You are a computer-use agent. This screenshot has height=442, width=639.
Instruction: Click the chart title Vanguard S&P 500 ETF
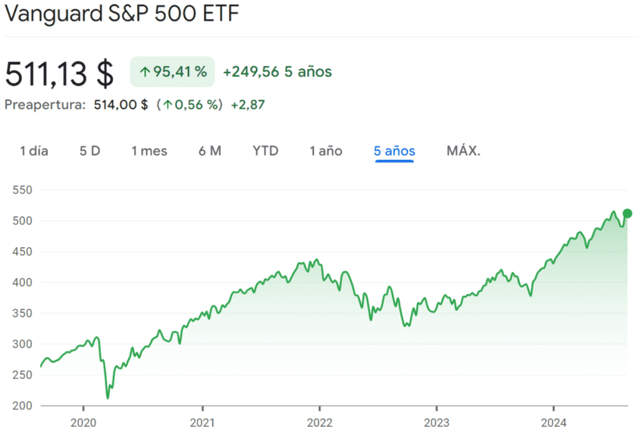coord(122,14)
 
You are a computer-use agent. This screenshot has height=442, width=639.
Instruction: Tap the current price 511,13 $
coord(59,74)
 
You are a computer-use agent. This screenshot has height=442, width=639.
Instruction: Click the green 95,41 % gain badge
coord(172,72)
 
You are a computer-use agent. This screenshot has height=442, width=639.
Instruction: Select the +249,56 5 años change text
coord(277,72)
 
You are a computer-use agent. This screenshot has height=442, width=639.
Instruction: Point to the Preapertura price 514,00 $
coord(120,105)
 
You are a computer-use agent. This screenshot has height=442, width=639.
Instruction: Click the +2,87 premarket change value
coord(248,105)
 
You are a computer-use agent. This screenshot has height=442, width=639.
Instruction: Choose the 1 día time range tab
coord(34,151)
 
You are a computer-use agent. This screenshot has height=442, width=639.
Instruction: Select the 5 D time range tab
coord(90,151)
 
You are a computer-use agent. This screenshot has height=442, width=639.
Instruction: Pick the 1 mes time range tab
coord(149,151)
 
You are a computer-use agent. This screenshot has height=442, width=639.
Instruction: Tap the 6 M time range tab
coord(210,151)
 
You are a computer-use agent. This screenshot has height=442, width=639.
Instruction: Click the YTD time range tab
coord(265,151)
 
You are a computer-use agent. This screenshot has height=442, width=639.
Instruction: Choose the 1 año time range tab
coord(326,151)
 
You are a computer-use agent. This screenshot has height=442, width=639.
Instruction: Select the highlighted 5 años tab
coord(394,151)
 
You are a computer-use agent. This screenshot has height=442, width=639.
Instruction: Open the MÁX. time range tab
coord(464,151)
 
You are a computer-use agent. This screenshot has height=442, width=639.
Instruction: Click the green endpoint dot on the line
coord(627,214)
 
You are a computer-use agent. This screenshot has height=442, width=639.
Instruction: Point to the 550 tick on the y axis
coord(22,190)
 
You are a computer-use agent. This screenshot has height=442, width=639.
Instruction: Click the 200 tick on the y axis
coord(22,406)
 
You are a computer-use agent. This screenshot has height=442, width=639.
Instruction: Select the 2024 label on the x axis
coord(554,423)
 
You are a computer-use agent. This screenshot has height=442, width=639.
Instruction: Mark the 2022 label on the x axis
coord(319,423)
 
